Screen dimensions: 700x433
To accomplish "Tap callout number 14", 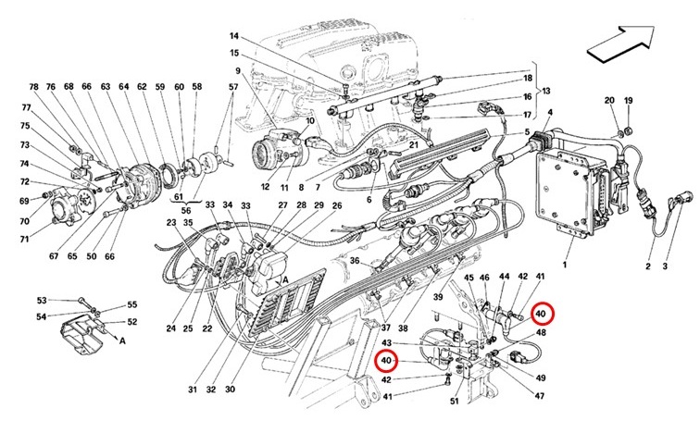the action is pyautogui.click(x=234, y=36).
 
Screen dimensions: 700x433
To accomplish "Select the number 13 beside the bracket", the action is pyautogui.click(x=546, y=91).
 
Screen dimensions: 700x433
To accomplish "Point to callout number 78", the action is pyautogui.click(x=34, y=87).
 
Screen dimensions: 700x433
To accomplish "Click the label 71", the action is pyautogui.click(x=24, y=239).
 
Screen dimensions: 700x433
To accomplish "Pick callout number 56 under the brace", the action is pyautogui.click(x=186, y=210).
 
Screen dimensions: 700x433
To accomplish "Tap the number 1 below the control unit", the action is pyautogui.click(x=565, y=265).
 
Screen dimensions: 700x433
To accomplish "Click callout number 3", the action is pyautogui.click(x=665, y=266).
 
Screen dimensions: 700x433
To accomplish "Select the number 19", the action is pyautogui.click(x=628, y=100).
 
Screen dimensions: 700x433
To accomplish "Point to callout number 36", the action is pyautogui.click(x=355, y=260).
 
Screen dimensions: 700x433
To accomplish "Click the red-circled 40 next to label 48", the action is pyautogui.click(x=541, y=314).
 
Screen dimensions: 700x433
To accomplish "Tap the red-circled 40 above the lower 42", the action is pyautogui.click(x=386, y=360).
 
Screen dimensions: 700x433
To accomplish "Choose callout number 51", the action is pyautogui.click(x=454, y=401).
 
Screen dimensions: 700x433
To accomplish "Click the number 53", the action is pyautogui.click(x=42, y=300).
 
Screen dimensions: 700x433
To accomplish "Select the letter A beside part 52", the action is pyautogui.click(x=122, y=340).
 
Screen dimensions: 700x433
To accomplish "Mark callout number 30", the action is pyautogui.click(x=230, y=390).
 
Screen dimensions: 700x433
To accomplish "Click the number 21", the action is pyautogui.click(x=413, y=145).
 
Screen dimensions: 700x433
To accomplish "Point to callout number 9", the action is pyautogui.click(x=238, y=70).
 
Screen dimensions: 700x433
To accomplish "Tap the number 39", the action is pyautogui.click(x=437, y=297).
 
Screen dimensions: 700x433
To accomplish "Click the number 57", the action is pyautogui.click(x=233, y=87).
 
